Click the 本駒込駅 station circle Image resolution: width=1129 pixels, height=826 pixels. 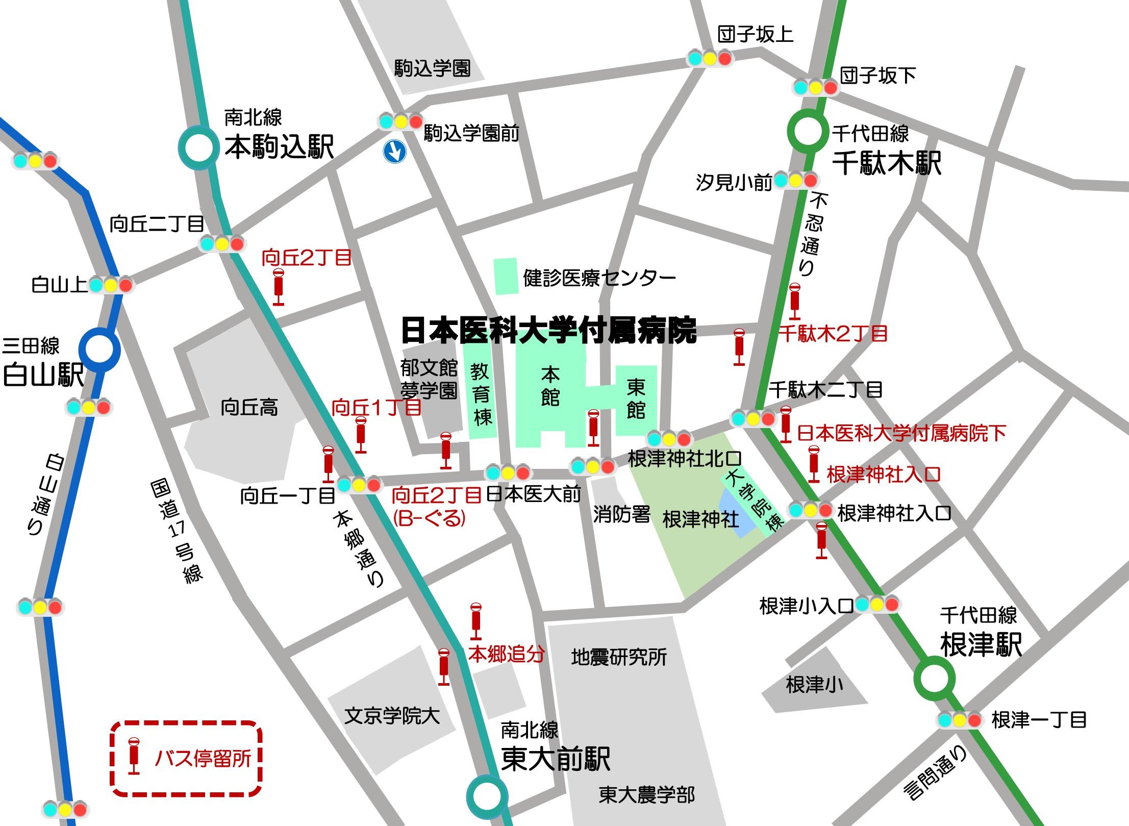point(198,148)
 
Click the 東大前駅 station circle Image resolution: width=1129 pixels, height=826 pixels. point(487,796)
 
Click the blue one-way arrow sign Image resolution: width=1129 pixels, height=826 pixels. point(394,152)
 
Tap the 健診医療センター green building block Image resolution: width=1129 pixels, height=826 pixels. point(506,276)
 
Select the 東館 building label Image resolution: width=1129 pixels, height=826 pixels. point(636,398)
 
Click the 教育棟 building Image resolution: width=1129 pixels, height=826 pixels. point(480,393)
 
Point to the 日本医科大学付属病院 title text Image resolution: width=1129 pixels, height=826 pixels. point(548,331)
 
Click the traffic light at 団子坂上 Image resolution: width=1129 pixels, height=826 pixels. point(710,59)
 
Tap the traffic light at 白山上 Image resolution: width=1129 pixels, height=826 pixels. point(111,285)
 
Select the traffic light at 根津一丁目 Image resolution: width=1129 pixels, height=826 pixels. point(959,720)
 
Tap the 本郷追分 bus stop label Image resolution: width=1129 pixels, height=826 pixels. point(506,654)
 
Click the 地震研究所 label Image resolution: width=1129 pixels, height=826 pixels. point(618,657)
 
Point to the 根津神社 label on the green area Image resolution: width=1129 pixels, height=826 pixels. point(700,519)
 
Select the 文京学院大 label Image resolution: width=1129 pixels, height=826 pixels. point(392,716)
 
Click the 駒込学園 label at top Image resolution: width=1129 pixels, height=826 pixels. point(432,68)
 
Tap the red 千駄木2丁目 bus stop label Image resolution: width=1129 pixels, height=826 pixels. point(833,334)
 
